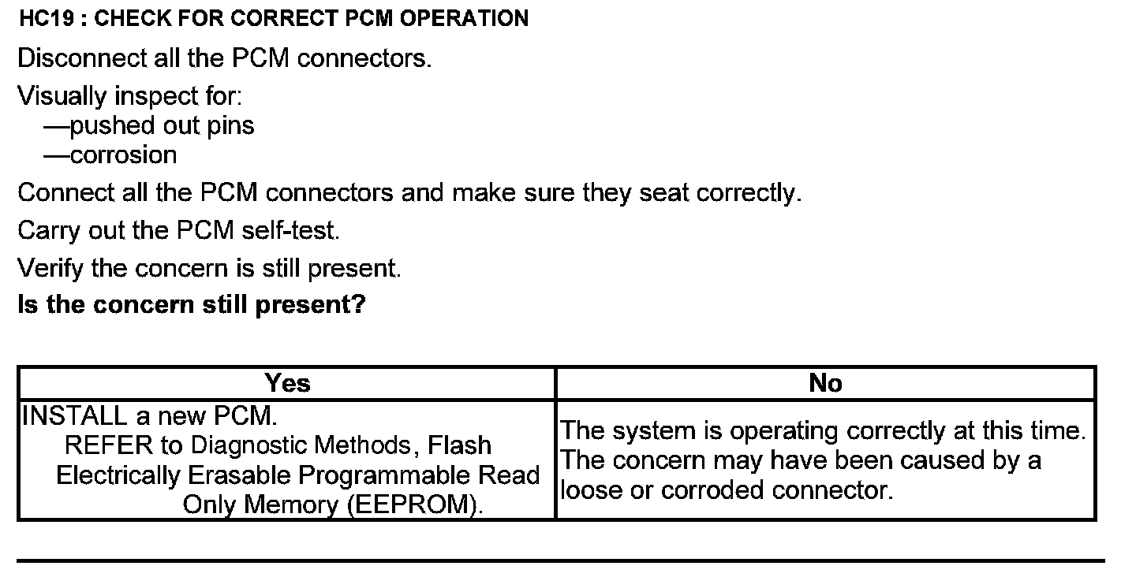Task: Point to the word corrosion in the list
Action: pyautogui.click(x=123, y=154)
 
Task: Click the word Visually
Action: pyautogui.click(x=62, y=96)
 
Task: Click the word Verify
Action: pyautogui.click(x=50, y=268)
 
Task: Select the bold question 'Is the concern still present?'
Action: pyautogui.click(x=192, y=304)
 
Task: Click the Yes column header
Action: pyautogui.click(x=287, y=383)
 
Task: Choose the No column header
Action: pyautogui.click(x=825, y=383)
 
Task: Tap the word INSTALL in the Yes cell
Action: pyautogui.click(x=75, y=415)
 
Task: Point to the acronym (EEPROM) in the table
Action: pyautogui.click(x=415, y=504)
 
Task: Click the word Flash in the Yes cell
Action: pyautogui.click(x=459, y=445)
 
